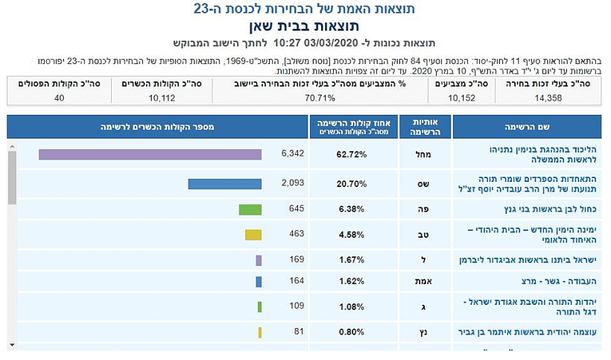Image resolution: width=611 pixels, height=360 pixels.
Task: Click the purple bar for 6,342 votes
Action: tap(150, 154)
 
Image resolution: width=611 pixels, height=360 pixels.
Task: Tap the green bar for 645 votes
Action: tap(250, 209)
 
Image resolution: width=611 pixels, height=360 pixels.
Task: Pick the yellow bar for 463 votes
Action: tap(253, 235)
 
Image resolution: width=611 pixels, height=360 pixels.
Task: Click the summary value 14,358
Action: tap(552, 98)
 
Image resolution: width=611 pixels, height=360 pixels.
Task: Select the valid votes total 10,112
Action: tap(162, 98)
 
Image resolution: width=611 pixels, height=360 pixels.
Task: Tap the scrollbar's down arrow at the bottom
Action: tap(12, 344)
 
